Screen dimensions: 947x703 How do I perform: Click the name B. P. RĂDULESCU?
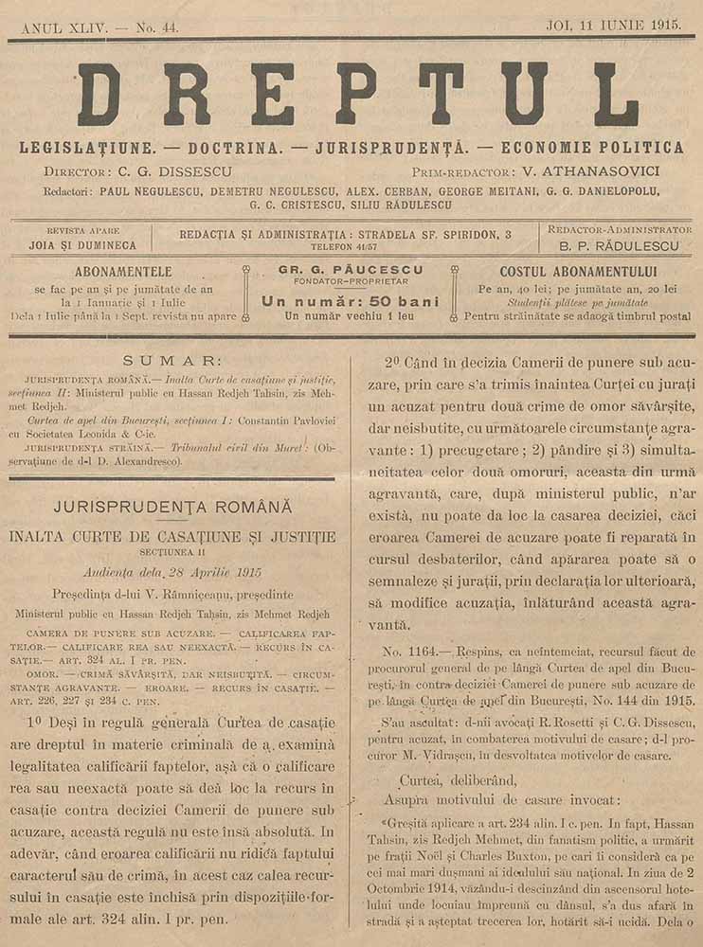tap(621, 245)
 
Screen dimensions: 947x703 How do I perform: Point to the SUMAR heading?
tap(179, 361)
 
